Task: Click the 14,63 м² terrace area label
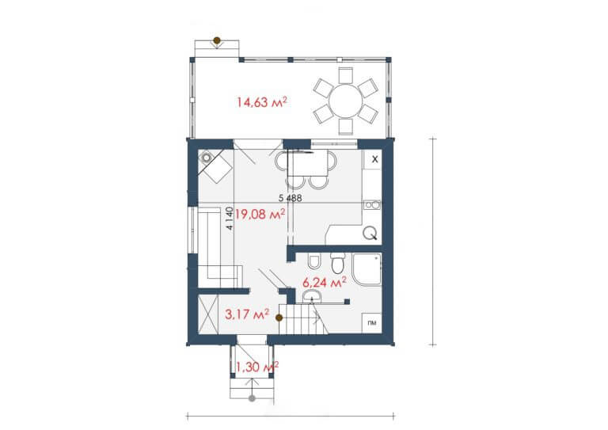coord(262,102)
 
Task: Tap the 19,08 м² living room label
coord(260,214)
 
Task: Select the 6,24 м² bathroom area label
coord(324,283)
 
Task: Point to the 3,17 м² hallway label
coord(247,314)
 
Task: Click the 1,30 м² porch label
coord(257,367)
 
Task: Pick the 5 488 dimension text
coord(290,198)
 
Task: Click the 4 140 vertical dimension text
coord(230,219)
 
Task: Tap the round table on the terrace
coord(345,101)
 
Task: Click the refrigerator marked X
coord(373,159)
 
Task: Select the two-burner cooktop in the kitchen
coord(372,204)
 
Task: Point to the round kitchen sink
coord(370,234)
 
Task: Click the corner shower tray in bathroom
coord(367,269)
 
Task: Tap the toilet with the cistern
coord(338,263)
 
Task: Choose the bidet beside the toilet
coord(313,261)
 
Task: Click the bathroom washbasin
coord(312,297)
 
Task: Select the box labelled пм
coord(372,323)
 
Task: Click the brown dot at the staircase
coord(279,318)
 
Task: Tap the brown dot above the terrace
coord(217,40)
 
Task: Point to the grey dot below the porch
coord(252,398)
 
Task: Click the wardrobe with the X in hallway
coord(208,314)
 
